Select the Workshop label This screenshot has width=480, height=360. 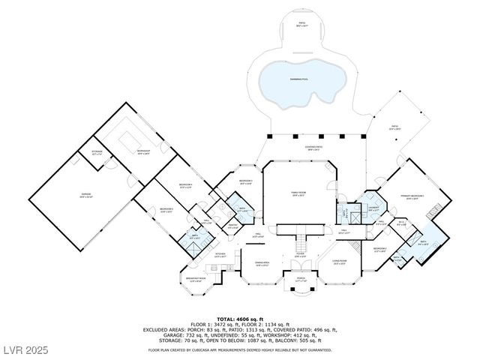coord(143,151)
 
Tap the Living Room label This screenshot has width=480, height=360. coord(340,262)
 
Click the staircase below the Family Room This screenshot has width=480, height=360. coord(301,242)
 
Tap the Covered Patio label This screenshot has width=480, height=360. coord(313,147)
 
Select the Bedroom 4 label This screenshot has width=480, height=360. coord(185,185)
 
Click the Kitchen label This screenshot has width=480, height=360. coord(220,254)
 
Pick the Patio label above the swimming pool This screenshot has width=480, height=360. coord(302,25)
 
